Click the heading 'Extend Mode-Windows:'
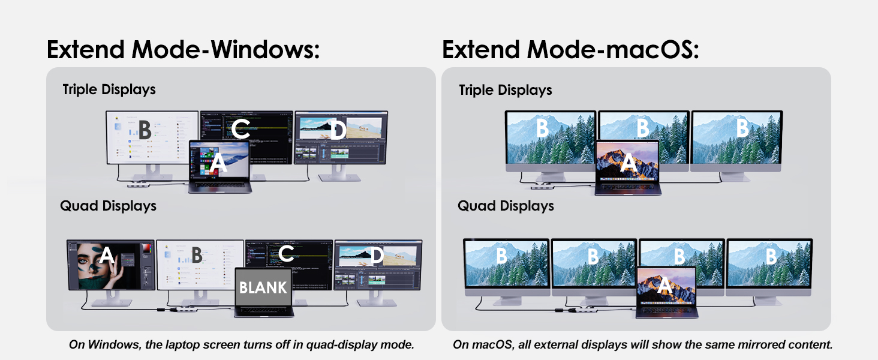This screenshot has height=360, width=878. (183, 50)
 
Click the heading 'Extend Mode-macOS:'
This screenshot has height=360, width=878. (570, 50)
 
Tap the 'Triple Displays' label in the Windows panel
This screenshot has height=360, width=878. (109, 90)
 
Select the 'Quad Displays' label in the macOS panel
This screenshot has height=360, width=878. (506, 206)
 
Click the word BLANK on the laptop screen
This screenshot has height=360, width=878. (263, 288)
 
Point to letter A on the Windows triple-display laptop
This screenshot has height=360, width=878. (218, 163)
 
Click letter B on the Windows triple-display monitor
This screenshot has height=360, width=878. (145, 130)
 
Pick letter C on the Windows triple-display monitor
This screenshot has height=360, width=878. (240, 128)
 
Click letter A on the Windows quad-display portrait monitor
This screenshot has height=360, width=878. (106, 255)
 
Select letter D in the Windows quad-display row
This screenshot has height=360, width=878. (377, 255)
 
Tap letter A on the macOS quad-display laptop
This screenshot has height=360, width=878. (664, 284)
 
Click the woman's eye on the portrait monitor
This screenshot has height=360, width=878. (83, 260)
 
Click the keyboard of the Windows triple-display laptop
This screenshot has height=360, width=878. (220, 185)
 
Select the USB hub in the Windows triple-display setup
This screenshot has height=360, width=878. (137, 184)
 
